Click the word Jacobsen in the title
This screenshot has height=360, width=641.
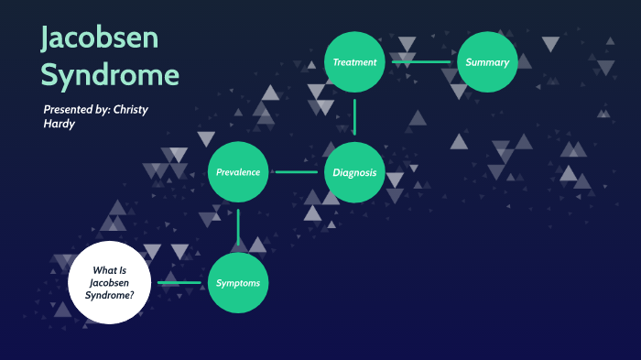[x=100, y=38]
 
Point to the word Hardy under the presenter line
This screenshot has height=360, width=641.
[x=60, y=124]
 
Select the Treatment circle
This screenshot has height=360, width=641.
[x=354, y=62]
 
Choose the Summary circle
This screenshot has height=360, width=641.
[x=488, y=62]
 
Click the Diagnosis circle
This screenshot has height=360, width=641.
[x=354, y=172]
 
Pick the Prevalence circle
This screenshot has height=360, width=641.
[x=238, y=172]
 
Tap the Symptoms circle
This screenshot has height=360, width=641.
[x=238, y=283]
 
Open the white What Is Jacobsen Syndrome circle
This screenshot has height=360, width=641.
[x=108, y=283]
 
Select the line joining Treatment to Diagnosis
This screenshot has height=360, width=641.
[x=354, y=117]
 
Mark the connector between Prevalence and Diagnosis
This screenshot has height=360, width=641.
[x=296, y=172]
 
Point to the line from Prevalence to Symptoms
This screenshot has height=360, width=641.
[x=238, y=227]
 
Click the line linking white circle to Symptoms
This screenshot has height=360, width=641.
[x=179, y=283]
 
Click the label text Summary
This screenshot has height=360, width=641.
[x=487, y=62]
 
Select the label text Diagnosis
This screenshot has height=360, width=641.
[x=354, y=172]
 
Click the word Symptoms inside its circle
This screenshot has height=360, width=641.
[x=238, y=283]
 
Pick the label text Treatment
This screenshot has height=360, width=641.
[x=354, y=62]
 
